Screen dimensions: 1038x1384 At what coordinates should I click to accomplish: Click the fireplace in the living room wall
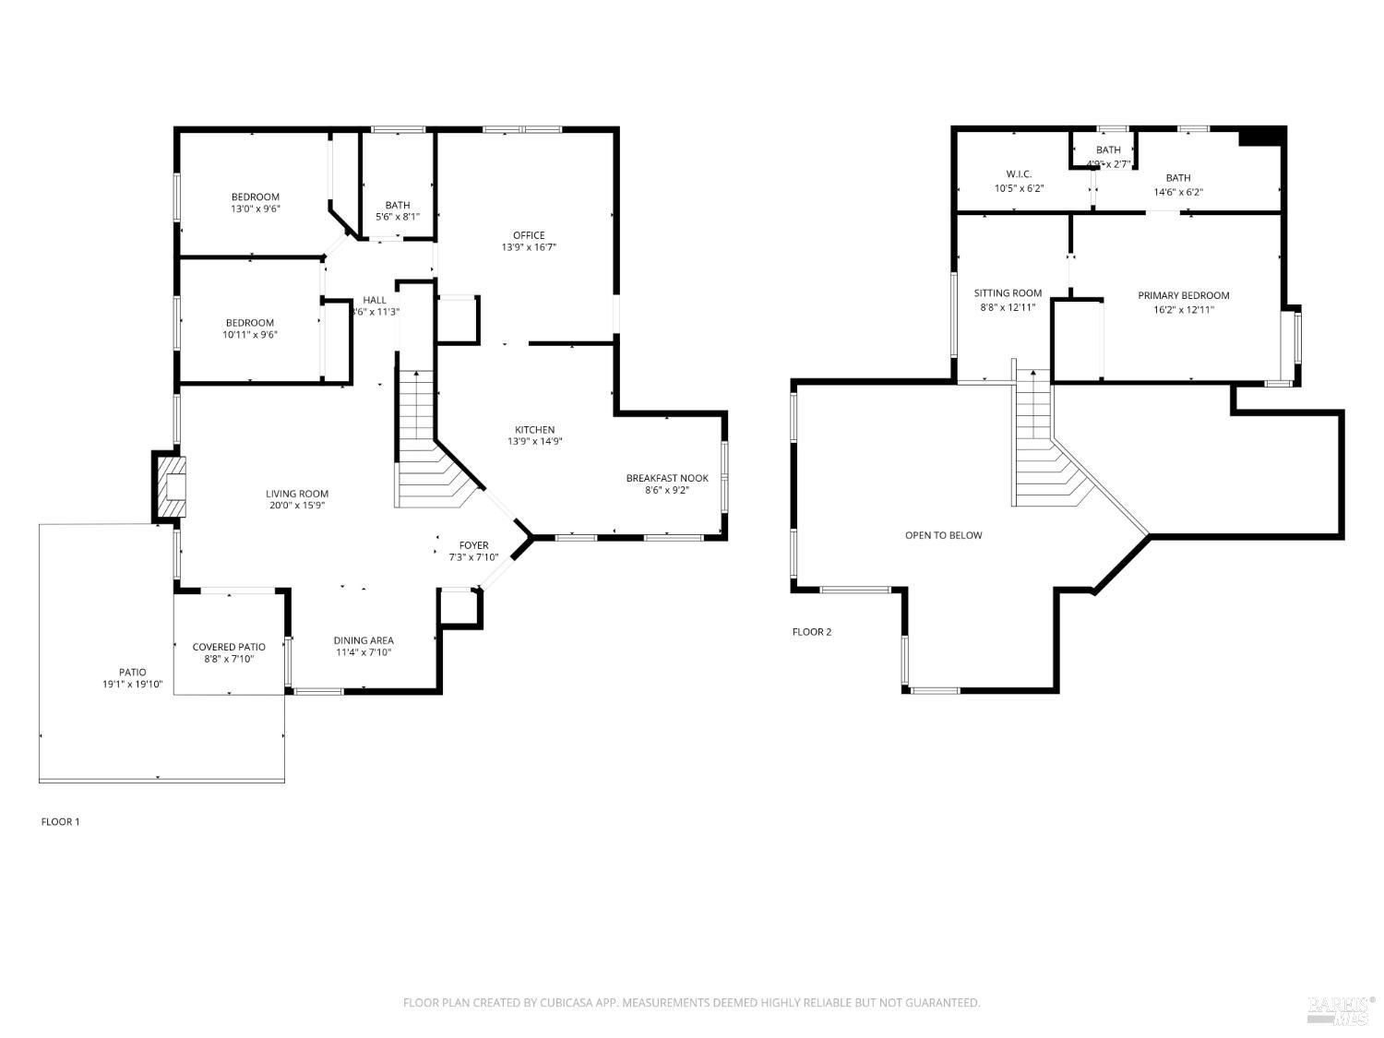click(x=170, y=487)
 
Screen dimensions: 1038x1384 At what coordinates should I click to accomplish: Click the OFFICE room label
click(x=529, y=235)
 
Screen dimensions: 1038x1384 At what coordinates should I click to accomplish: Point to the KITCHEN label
click(x=534, y=430)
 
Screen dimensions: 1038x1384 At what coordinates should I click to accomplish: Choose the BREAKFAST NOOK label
click(x=667, y=478)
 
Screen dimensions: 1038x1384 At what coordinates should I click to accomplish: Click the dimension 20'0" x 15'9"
click(x=297, y=506)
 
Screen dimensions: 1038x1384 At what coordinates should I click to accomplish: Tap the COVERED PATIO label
click(x=229, y=647)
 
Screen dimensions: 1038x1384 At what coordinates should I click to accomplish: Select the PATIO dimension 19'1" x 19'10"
click(x=132, y=685)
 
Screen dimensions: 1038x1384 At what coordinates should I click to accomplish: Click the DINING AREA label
click(x=364, y=640)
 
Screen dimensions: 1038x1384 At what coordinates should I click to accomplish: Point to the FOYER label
click(x=473, y=545)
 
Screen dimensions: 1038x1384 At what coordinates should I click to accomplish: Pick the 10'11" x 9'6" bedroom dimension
click(x=249, y=335)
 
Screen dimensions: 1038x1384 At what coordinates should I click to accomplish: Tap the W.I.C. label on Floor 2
click(x=1019, y=174)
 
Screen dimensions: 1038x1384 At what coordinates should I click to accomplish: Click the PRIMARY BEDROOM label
click(x=1183, y=295)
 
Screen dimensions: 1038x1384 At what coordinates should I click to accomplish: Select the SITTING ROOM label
click(x=1008, y=293)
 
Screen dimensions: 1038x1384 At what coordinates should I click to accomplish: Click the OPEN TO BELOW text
click(x=943, y=535)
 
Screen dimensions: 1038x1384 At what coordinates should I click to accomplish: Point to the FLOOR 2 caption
click(x=811, y=632)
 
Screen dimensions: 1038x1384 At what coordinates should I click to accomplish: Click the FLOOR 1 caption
click(x=60, y=821)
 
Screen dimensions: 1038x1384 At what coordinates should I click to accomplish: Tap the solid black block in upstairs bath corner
click(x=1260, y=137)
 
